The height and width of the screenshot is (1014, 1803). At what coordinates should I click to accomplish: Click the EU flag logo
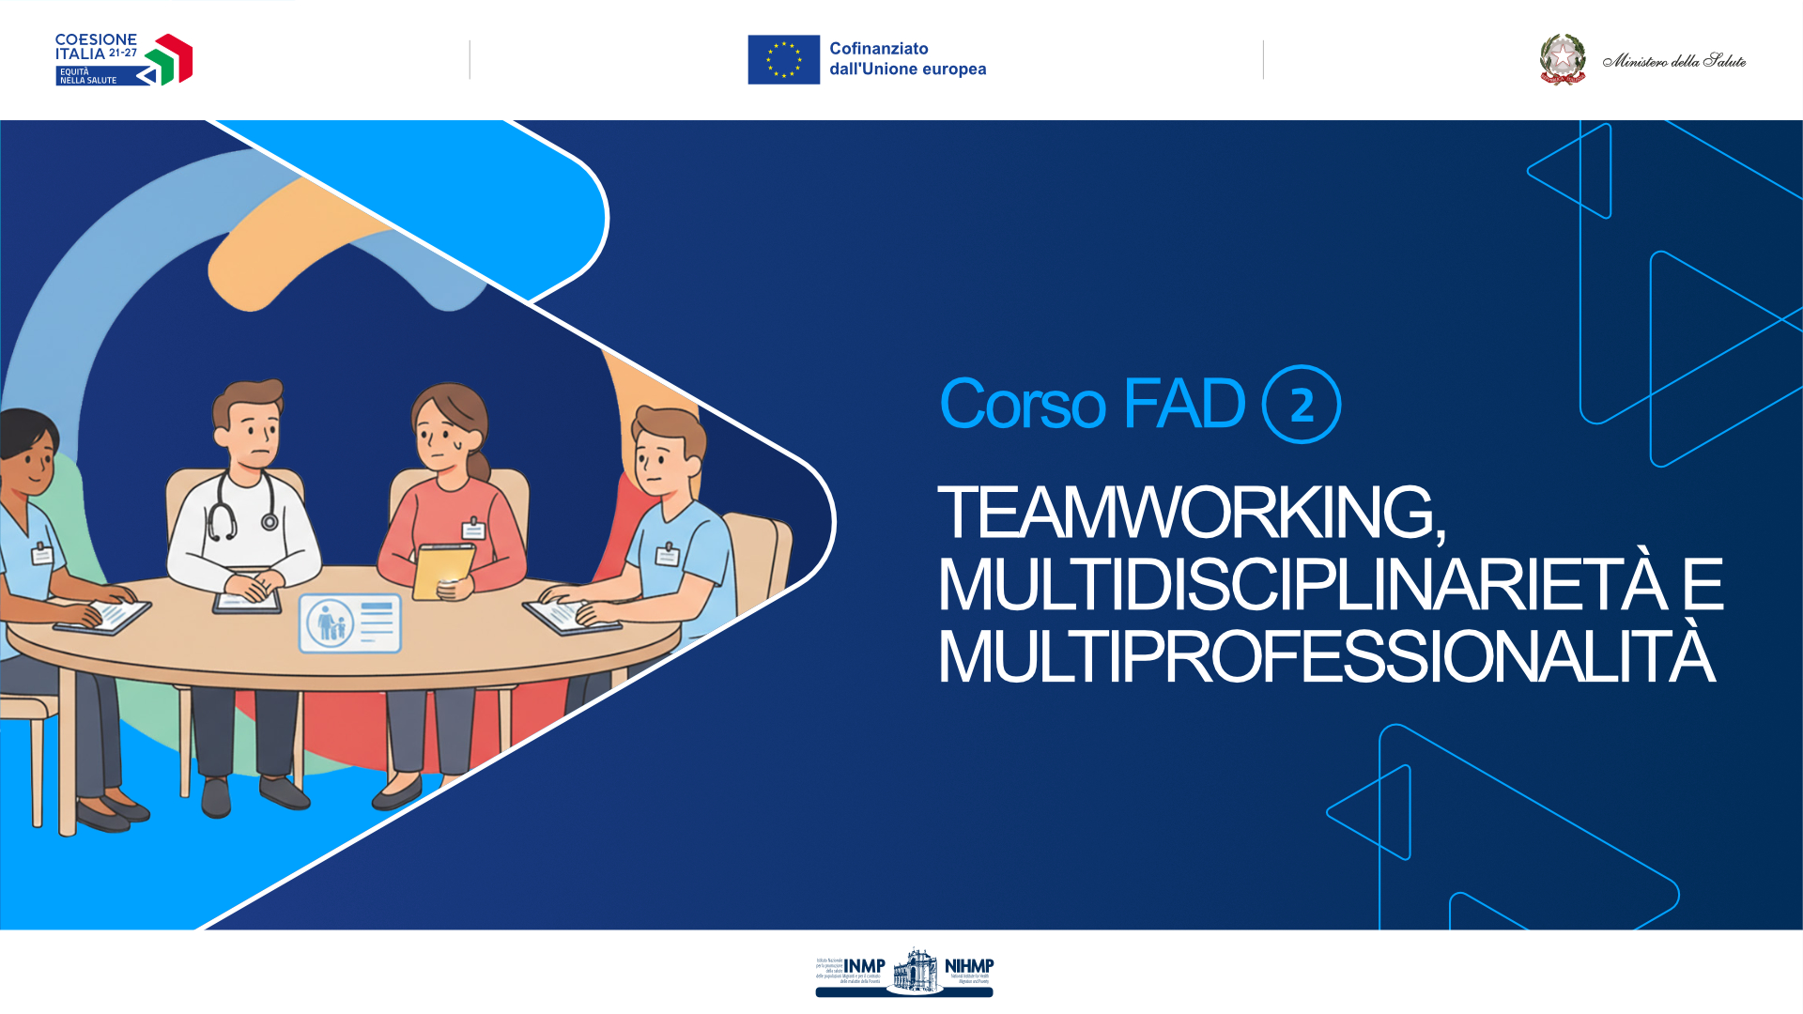(x=783, y=59)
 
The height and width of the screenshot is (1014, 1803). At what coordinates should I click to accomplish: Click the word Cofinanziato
(x=878, y=48)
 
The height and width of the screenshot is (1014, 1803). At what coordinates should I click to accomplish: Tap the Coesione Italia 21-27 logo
(x=123, y=59)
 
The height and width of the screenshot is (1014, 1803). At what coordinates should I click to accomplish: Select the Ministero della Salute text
(x=1673, y=61)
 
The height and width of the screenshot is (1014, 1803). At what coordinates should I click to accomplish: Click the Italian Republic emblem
(x=1562, y=59)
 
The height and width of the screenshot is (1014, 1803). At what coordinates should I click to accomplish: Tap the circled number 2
(x=1301, y=405)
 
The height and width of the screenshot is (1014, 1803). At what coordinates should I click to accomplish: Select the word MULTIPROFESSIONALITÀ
(x=1326, y=657)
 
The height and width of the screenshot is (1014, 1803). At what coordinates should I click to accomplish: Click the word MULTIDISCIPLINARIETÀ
(x=1301, y=585)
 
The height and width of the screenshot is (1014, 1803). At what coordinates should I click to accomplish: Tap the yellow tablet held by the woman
(x=442, y=568)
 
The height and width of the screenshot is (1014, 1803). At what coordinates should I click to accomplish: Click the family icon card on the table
(x=349, y=622)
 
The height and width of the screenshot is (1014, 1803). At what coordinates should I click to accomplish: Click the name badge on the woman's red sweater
(x=473, y=530)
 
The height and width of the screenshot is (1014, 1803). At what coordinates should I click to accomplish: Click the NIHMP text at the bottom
(x=968, y=965)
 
